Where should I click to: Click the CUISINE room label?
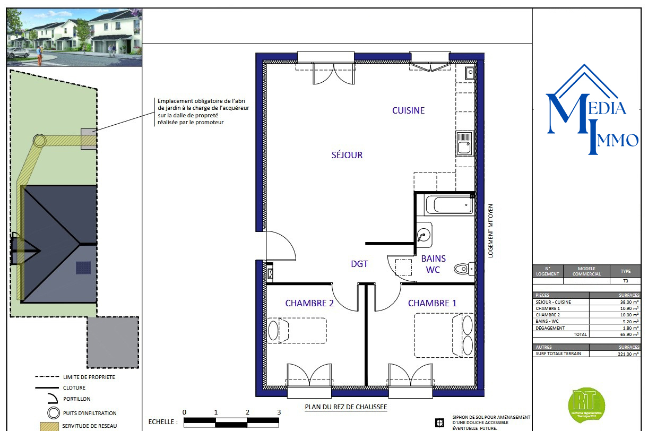pos(408,110)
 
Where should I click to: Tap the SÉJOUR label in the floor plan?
pos(347,155)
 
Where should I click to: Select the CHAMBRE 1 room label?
pos(432,303)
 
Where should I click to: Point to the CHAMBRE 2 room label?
pos(309,303)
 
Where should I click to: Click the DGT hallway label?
pos(359,264)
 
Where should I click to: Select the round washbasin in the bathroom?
pos(424,235)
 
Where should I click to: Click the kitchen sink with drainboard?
pos(464,143)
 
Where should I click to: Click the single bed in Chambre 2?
pos(297,330)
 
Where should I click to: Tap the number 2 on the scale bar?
pos(247,412)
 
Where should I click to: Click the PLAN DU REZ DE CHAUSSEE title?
pos(345,407)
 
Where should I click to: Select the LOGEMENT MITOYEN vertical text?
pos(491,231)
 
